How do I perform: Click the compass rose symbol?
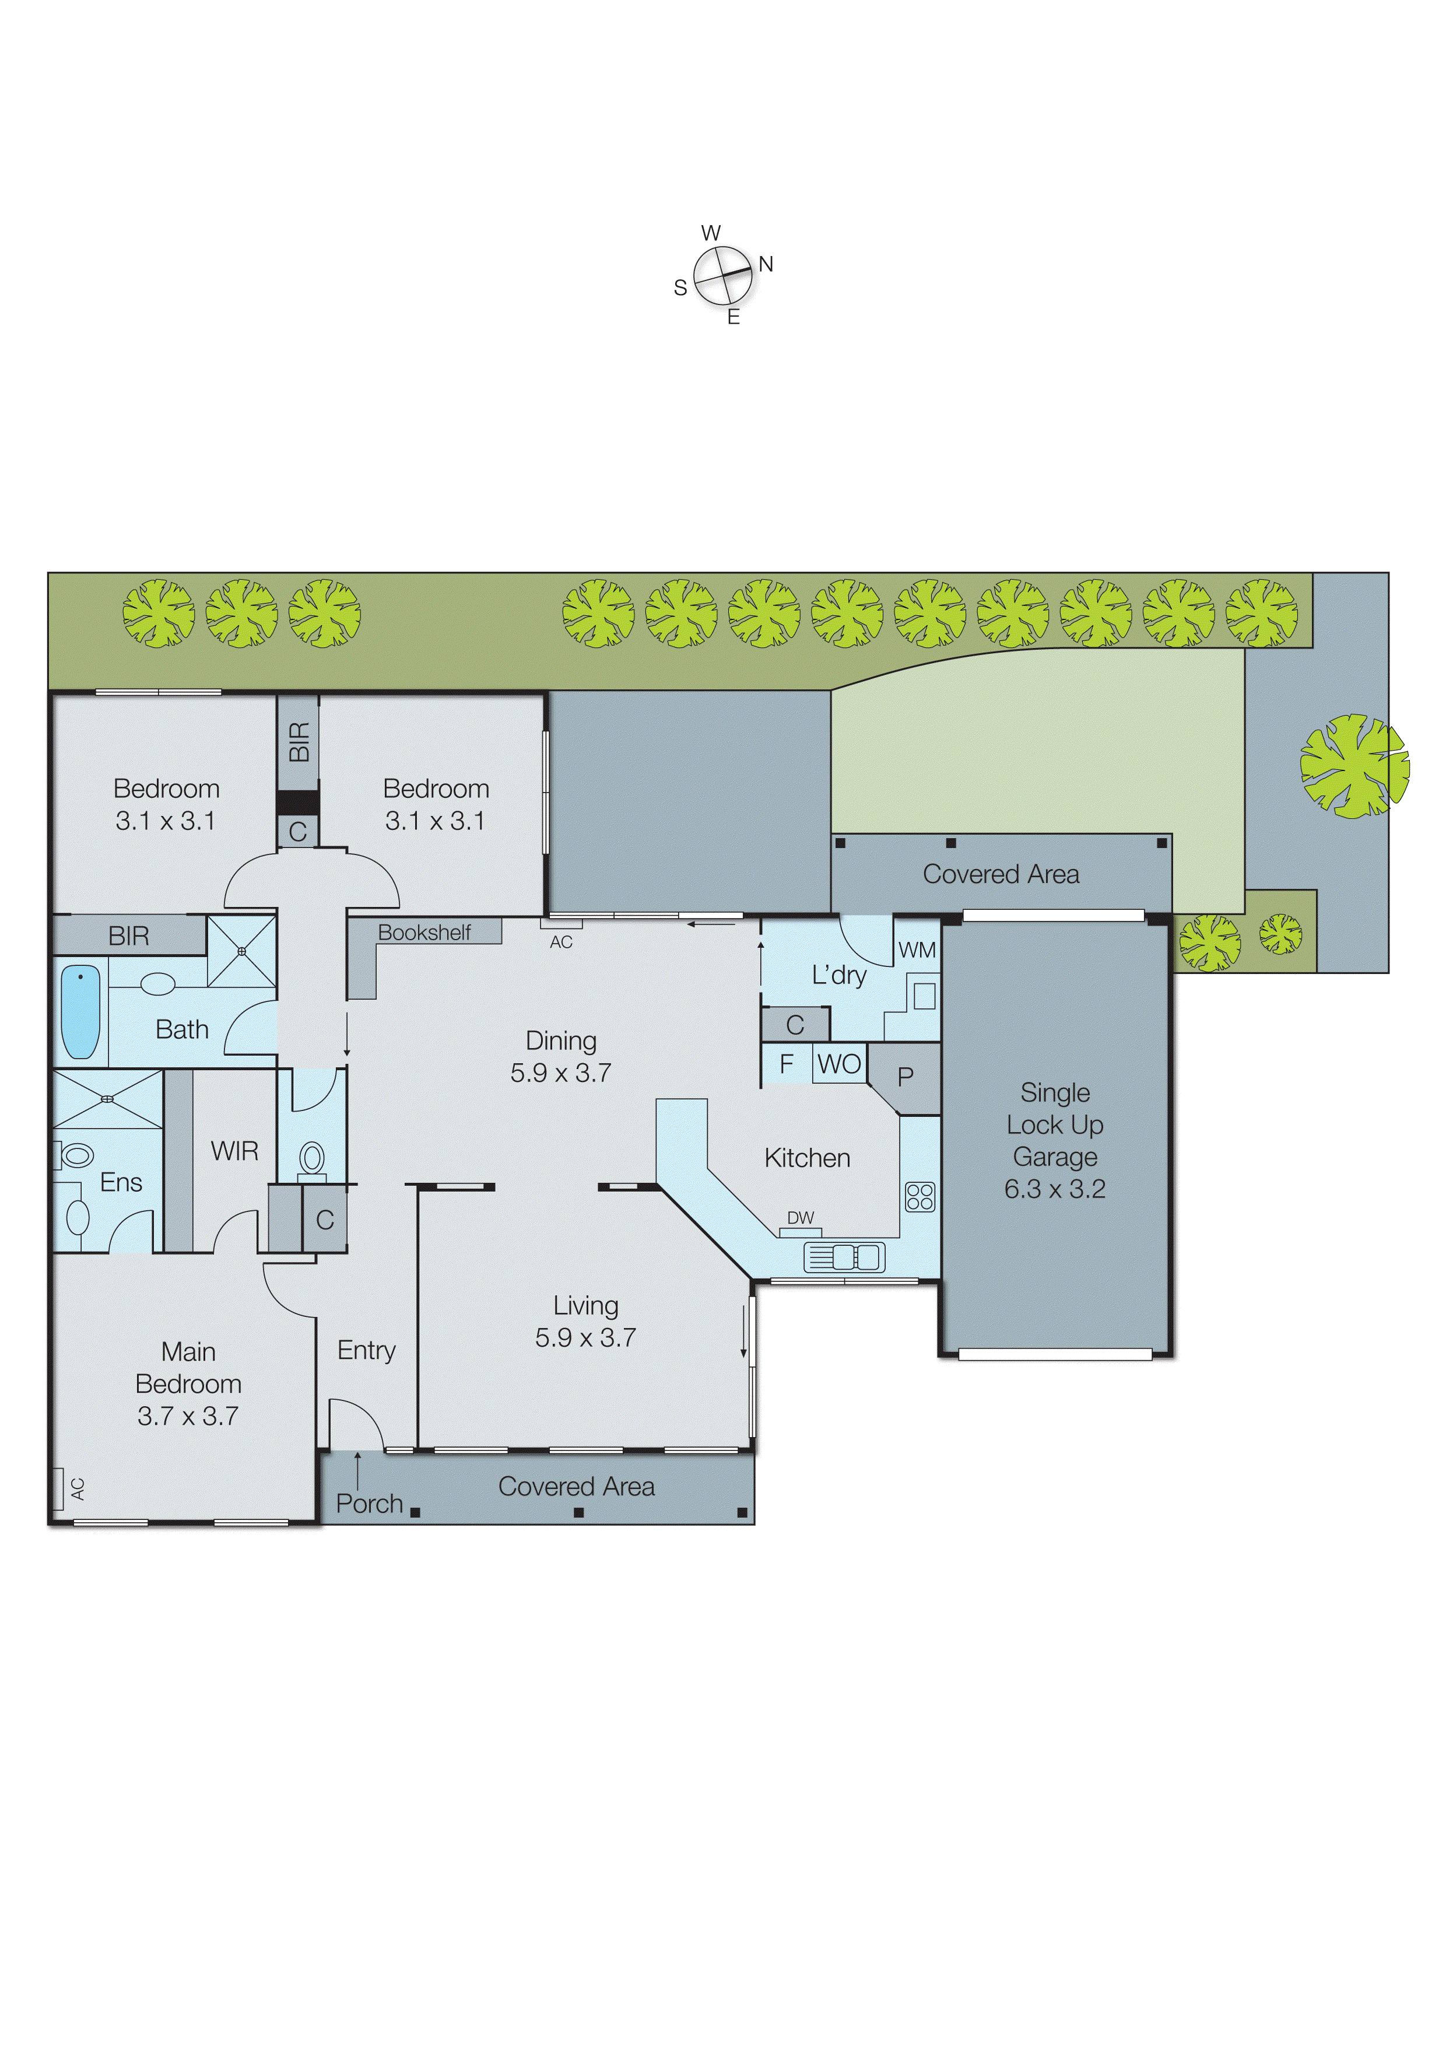(722, 275)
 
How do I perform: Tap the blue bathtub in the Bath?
(80, 1011)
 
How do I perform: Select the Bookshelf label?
(424, 932)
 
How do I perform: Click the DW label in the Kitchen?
(800, 1217)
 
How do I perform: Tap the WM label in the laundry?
(917, 950)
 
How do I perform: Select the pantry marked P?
(905, 1077)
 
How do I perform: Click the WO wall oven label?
(839, 1064)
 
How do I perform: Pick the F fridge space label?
(787, 1064)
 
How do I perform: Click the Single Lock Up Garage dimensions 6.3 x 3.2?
(1055, 1189)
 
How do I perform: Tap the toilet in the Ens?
(76, 1156)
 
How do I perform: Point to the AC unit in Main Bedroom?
(59, 1488)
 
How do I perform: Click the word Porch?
(370, 1504)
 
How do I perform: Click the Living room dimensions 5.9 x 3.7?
(585, 1337)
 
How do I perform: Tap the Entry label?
(366, 1350)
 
